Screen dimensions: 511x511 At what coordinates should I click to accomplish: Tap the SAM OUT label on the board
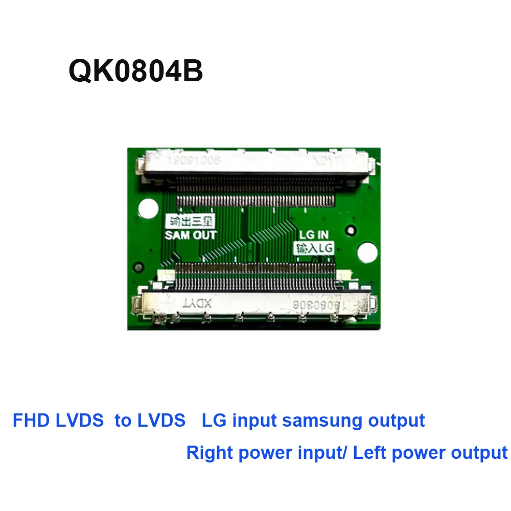pyautogui.click(x=191, y=236)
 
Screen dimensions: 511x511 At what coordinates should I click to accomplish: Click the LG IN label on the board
pyautogui.click(x=314, y=236)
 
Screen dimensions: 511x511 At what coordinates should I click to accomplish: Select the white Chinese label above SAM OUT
pyautogui.click(x=190, y=222)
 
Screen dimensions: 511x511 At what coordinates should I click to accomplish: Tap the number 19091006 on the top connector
pyautogui.click(x=193, y=160)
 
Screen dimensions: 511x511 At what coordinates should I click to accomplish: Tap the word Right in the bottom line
pyautogui.click(x=208, y=453)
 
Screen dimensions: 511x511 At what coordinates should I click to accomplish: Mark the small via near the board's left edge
pyautogui.click(x=136, y=267)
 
